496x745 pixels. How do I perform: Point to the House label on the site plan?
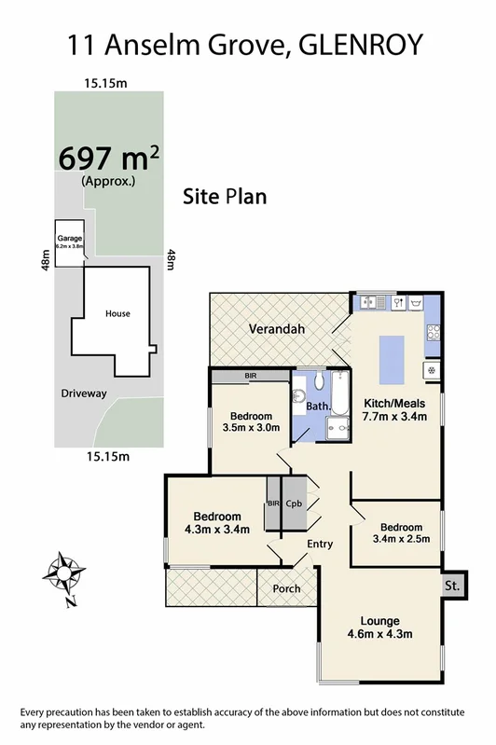coord(117,314)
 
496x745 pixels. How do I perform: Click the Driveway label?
coord(81,393)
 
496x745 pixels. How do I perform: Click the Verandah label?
coord(277,329)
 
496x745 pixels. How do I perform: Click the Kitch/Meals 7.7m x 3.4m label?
coord(393,409)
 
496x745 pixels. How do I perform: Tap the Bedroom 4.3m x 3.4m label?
coord(217,523)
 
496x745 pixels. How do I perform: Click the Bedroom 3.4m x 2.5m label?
coord(397,532)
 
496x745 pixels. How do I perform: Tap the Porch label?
coord(286,589)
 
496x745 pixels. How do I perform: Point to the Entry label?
coord(320,543)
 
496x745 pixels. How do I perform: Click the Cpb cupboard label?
coord(295,503)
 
